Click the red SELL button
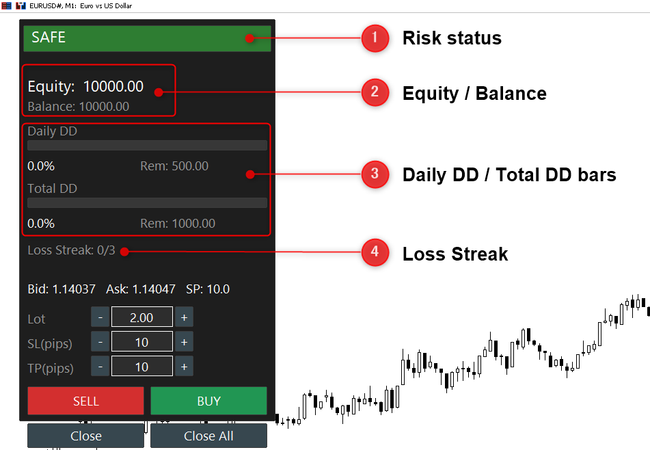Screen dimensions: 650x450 (86, 401)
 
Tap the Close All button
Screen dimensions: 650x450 (208, 436)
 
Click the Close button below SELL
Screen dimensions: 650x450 (86, 436)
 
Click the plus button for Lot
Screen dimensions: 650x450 (184, 317)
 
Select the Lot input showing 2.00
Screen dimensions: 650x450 (141, 317)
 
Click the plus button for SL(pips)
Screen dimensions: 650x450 (184, 342)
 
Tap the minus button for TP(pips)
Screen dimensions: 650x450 (100, 366)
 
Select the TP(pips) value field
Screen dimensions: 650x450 (141, 366)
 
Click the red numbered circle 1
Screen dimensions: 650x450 (375, 38)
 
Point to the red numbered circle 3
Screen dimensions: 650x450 (375, 174)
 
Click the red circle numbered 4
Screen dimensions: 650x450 (375, 252)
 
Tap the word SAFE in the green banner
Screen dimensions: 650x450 (49, 38)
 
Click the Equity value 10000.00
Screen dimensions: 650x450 (113, 86)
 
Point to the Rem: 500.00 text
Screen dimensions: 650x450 (174, 166)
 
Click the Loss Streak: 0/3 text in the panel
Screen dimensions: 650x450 (71, 250)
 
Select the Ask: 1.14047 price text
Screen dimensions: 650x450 (141, 289)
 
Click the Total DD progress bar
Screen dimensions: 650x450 (147, 202)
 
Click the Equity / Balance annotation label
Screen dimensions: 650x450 (474, 93)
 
